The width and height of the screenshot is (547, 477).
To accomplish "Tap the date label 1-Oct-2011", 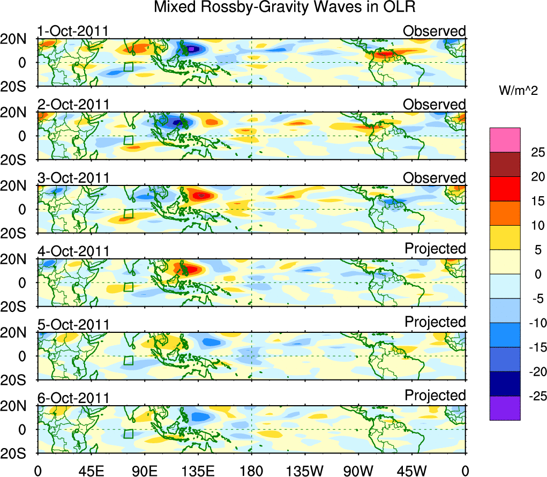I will click(73, 31).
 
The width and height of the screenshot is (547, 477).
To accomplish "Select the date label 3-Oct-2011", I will click(73, 178).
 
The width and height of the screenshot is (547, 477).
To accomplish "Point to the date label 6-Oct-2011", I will click(73, 398).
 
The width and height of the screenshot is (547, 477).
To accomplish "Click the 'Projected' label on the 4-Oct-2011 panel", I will click(435, 249).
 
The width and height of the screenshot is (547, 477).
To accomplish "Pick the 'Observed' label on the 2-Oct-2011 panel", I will click(434, 105).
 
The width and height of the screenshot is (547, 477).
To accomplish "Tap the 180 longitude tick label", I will click(251, 471).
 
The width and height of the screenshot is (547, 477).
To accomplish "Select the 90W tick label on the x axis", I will click(358, 471).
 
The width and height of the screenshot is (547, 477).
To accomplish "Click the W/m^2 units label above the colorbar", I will click(518, 91).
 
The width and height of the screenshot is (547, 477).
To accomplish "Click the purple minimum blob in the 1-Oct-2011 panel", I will click(191, 49).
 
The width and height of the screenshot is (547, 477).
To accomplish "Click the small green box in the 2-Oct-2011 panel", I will click(128, 140).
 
